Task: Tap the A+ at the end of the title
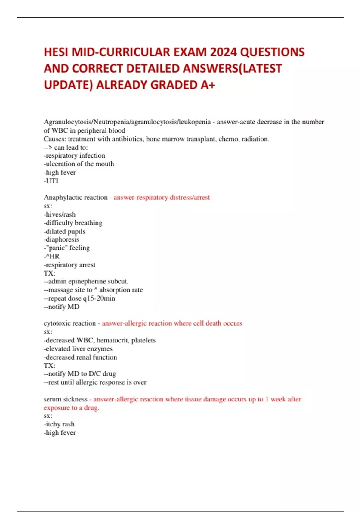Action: click(208, 85)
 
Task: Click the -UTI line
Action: click(51, 181)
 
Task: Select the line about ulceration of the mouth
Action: click(79, 164)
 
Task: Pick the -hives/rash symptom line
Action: click(60, 214)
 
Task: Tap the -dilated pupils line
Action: click(64, 231)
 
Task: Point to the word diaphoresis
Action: click(62, 239)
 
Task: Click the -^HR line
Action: click(52, 256)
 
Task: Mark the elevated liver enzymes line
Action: click(78, 349)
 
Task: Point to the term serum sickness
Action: click(65, 399)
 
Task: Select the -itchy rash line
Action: click(59, 424)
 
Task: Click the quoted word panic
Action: click(57, 248)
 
